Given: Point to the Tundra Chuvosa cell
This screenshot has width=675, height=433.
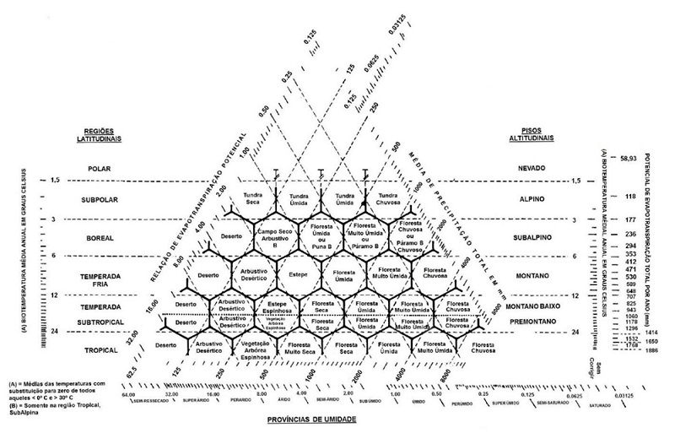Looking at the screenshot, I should tap(386, 199).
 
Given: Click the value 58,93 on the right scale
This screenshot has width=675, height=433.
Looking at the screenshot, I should tap(629, 158).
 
